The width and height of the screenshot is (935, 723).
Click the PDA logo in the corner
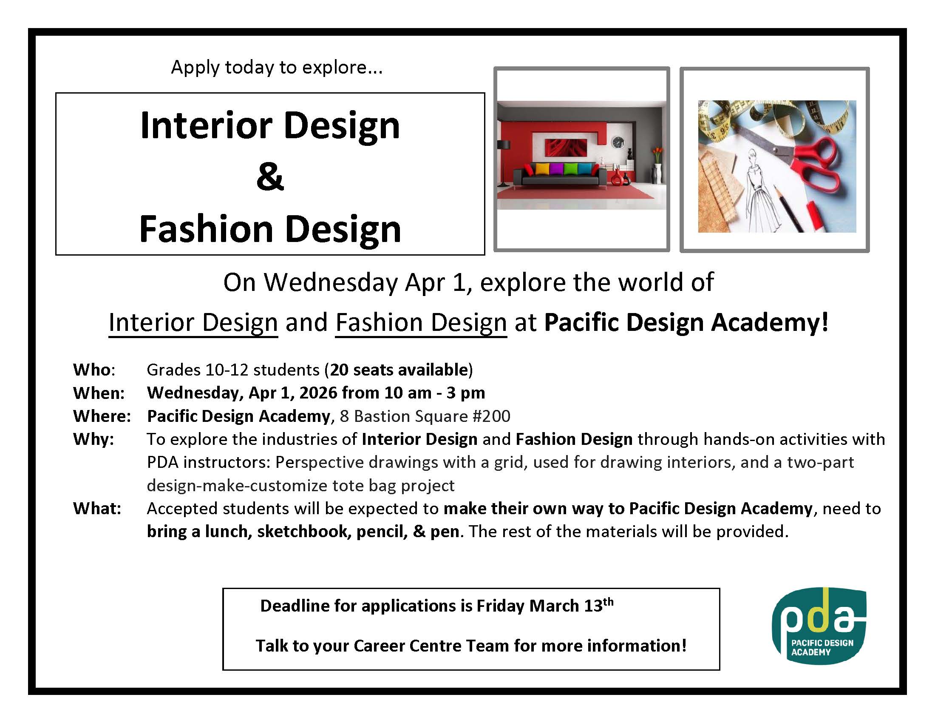tap(819, 625)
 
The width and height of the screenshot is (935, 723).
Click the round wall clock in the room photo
tap(618, 142)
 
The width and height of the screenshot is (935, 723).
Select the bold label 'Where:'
tap(102, 416)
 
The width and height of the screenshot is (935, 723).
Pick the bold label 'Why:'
tap(94, 439)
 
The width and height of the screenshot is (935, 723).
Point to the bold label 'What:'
tap(97, 508)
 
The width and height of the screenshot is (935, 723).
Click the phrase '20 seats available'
tap(399, 369)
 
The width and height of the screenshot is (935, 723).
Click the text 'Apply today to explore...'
tap(277, 67)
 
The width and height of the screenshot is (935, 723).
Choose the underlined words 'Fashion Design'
tap(421, 322)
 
